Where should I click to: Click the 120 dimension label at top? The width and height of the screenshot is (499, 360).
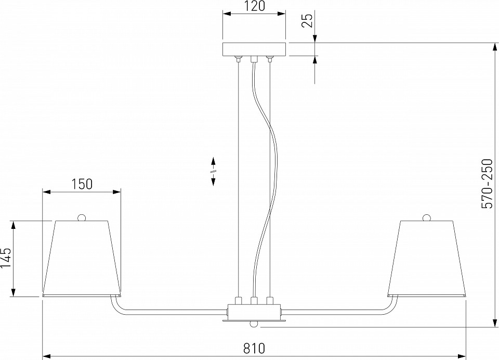coord(254,6)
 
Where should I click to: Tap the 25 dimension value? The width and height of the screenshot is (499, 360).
coord(307,20)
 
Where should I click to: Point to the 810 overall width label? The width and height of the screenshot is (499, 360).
coord(254,347)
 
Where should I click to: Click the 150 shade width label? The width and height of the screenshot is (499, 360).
coord(82,184)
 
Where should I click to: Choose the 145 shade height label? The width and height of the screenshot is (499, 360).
coord(6,258)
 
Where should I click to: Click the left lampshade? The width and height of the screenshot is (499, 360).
coord(82,258)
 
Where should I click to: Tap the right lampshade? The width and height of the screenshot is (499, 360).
coord(426,258)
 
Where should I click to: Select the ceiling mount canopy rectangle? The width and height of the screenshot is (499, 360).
coord(254,49)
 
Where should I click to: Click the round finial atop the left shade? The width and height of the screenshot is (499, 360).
coord(82,217)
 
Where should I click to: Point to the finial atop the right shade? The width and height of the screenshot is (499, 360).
coord(427,217)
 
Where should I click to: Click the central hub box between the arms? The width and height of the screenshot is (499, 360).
coord(254,312)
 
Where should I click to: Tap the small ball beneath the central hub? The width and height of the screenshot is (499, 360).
coord(254,324)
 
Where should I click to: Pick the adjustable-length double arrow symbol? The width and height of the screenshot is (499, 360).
coord(214,171)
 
